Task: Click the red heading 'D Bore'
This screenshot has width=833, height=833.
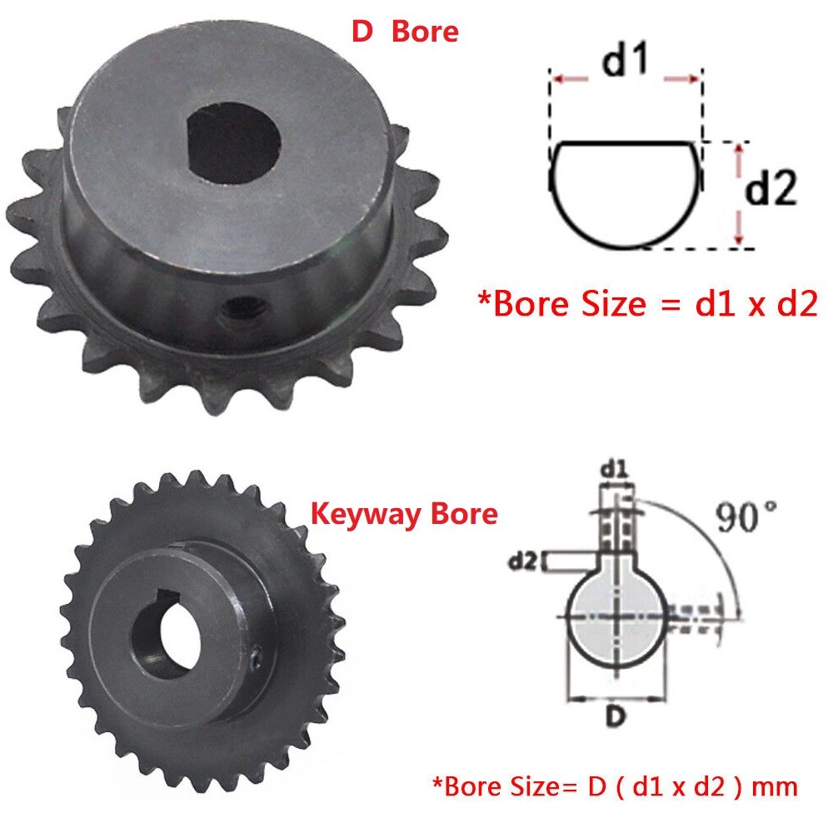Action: click(x=405, y=32)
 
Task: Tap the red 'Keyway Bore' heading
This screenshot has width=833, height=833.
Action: click(x=404, y=514)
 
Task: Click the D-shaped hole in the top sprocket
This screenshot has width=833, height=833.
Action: click(x=234, y=142)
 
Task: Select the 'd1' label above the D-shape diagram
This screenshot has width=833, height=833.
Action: click(x=626, y=58)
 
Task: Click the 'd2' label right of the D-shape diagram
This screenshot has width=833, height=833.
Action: click(x=771, y=187)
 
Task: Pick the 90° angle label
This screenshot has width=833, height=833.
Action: click(x=746, y=516)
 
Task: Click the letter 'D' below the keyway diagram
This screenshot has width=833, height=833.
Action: click(x=616, y=716)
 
